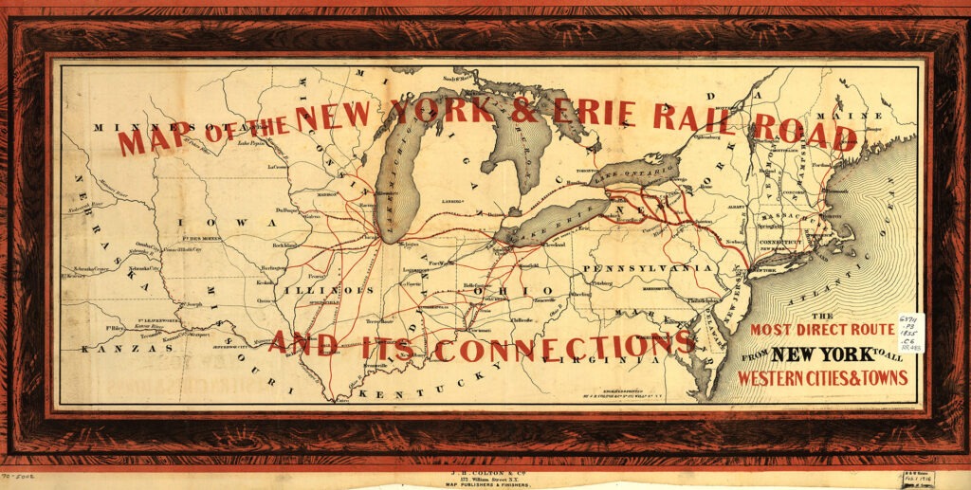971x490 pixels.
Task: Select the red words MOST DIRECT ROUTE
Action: (822, 331)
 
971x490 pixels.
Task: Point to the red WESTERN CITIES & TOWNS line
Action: (823, 378)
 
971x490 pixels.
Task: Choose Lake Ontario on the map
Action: (635, 172)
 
